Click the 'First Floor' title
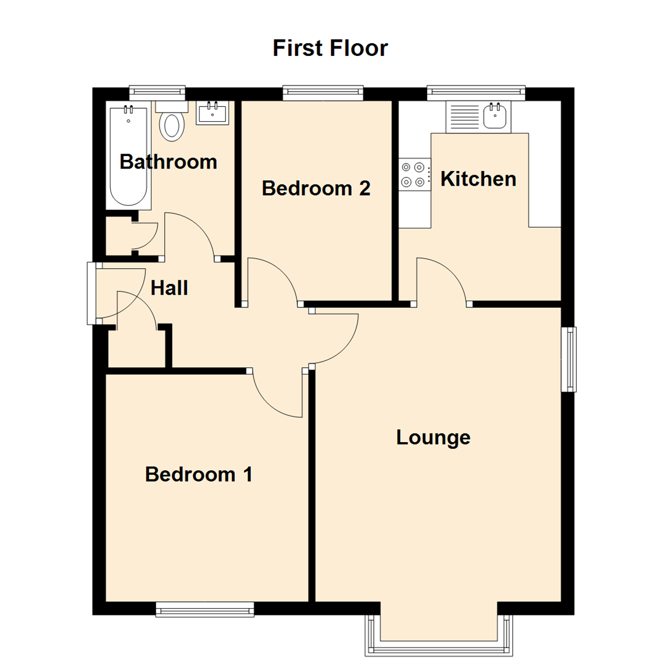point(330,48)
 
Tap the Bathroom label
point(168,162)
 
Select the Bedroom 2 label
point(316,188)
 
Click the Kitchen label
point(478,179)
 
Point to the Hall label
point(169,288)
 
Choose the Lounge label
point(433,438)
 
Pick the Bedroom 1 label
point(199,475)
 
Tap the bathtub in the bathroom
point(128,157)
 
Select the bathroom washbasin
point(212,113)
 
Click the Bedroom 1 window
point(205,609)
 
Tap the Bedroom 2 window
point(323,93)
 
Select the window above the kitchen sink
point(476,93)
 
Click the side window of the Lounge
point(571,358)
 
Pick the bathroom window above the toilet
point(157,92)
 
